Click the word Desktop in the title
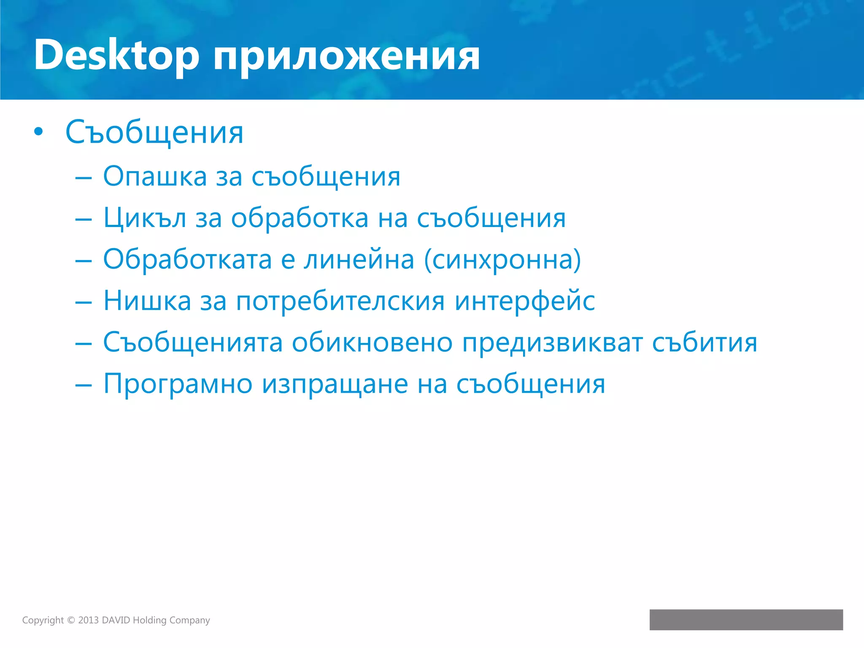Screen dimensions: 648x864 [x=116, y=55]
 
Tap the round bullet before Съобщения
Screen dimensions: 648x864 [x=38, y=132]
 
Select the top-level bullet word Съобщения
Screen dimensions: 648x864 [x=154, y=132]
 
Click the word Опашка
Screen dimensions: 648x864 [x=155, y=176]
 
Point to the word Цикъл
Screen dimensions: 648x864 [x=145, y=219]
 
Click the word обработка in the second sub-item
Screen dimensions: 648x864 [x=300, y=219]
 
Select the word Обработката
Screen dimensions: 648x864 [x=187, y=259]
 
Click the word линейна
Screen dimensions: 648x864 [x=359, y=259]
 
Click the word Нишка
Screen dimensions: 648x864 [x=147, y=301]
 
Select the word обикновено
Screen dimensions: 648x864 [x=372, y=343]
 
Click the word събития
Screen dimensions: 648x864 [x=705, y=343]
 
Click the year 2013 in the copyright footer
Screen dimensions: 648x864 [x=88, y=620]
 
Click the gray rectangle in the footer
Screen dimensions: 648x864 [x=746, y=619]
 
